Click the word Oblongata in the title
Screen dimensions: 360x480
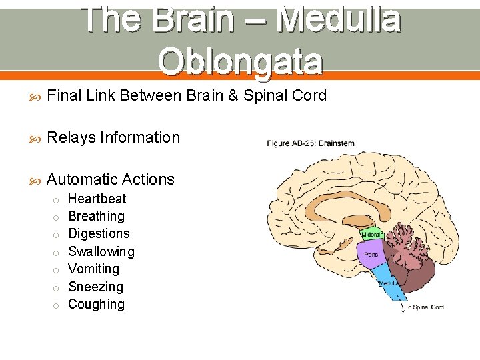[x=241, y=61]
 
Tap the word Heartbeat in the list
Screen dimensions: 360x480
[x=97, y=199]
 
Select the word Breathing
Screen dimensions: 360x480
[x=97, y=216]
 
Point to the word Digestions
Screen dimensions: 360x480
[x=99, y=233]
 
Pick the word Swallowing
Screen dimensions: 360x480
[x=101, y=251]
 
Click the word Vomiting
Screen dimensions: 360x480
[x=94, y=269]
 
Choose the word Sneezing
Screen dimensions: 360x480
[x=96, y=287]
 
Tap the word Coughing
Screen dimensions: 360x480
[x=97, y=304]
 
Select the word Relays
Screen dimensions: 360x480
[x=70, y=138]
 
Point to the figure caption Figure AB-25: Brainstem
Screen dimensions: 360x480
[x=311, y=143]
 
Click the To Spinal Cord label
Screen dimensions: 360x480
[x=425, y=307]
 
